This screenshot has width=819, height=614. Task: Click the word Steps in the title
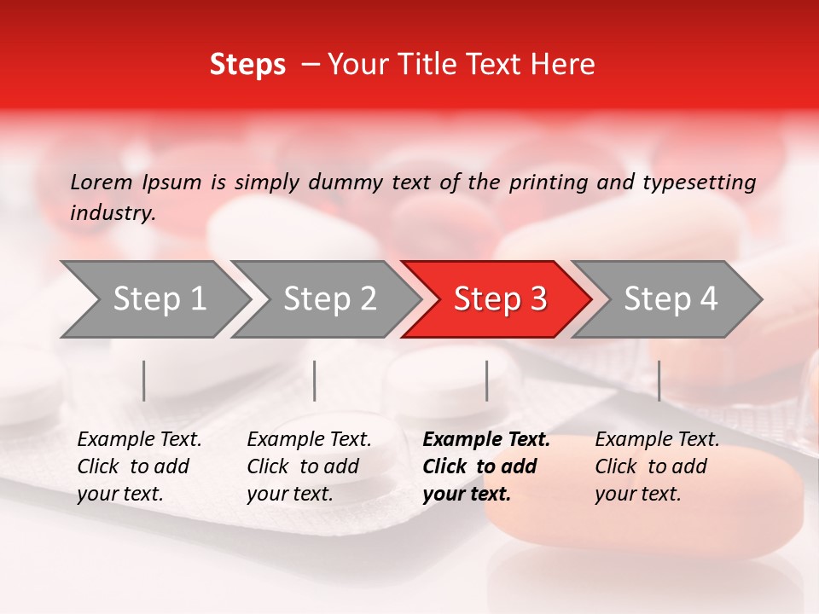tap(247, 65)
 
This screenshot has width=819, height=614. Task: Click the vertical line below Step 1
tap(144, 380)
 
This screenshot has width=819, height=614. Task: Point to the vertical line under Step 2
tap(315, 380)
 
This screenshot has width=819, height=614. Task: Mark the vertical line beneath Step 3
tap(486, 380)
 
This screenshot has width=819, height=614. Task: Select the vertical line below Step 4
tap(659, 380)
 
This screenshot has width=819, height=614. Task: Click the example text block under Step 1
tap(139, 466)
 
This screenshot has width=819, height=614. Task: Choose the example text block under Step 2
tap(309, 466)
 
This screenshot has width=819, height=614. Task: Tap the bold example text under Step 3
tap(486, 466)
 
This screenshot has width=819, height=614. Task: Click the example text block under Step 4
tap(657, 466)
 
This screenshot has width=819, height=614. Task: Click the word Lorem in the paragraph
tap(102, 182)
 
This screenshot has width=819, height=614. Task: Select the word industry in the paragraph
tap(113, 212)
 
